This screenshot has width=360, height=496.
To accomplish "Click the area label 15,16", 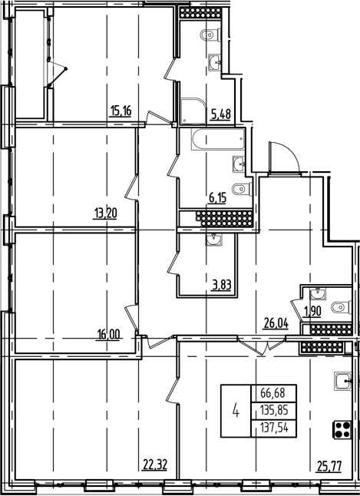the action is point(121,111).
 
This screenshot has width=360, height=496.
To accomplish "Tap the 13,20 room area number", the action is point(105,213).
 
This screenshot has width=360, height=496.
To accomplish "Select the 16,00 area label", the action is point(108,335).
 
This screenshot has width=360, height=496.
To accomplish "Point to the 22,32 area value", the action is point(155,465).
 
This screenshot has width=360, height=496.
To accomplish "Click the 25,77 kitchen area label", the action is point(329,466).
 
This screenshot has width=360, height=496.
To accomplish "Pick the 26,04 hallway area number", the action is point(276,324).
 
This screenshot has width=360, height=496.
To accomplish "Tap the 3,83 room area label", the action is point(221,286).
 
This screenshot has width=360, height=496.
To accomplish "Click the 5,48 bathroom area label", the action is point(221,113).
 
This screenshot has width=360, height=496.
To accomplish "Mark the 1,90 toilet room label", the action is point(312,311).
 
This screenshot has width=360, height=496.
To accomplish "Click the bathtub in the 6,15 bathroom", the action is point(218,139).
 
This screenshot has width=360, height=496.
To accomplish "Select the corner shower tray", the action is point(193,111).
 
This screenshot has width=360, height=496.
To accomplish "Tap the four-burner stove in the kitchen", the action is point(342,429).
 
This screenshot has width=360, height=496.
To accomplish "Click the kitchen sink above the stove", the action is point(343,381).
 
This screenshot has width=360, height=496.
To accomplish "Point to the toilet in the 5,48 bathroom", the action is point(210,35).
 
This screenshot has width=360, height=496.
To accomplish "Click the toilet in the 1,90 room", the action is point(341,307).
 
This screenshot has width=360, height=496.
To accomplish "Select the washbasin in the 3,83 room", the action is point(214,239).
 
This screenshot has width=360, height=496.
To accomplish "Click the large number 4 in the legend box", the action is point(236,412).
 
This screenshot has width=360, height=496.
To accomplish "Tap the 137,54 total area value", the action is point(274,428).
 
